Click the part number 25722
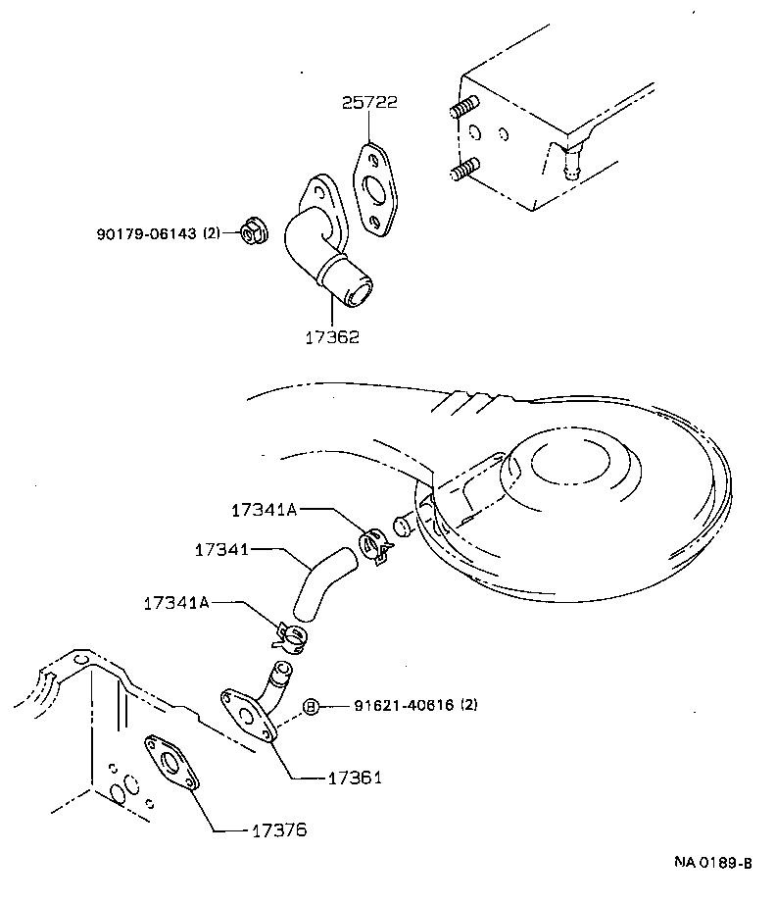[x=369, y=102]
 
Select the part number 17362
[x=331, y=336]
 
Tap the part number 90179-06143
[x=147, y=233]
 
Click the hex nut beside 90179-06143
[x=252, y=234]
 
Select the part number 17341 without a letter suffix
[x=223, y=552]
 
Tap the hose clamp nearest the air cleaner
[x=374, y=545]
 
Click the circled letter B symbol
[x=311, y=706]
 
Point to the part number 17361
[x=354, y=778]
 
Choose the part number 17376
[x=278, y=830]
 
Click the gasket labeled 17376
[x=172, y=765]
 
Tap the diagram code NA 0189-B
[x=712, y=863]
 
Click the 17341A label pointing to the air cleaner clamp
[x=263, y=510]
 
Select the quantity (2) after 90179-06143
[x=213, y=233]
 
